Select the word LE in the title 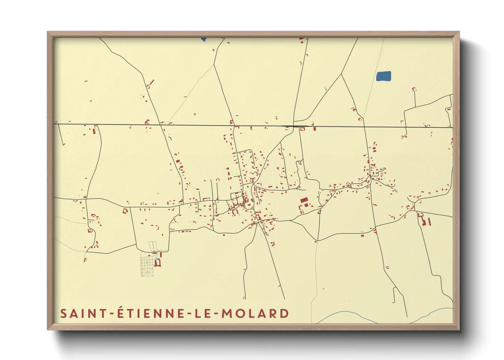coord(201,313)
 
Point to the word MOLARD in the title coord(255,313)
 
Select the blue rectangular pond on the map coord(383,76)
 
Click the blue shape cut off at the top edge coord(204,39)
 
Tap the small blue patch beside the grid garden coord(158,260)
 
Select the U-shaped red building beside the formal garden coord(158,263)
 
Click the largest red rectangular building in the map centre coord(304,200)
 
